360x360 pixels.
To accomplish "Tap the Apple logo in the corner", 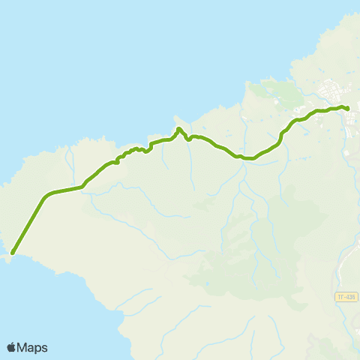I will click(12, 347).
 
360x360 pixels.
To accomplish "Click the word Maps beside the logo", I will click(33, 347).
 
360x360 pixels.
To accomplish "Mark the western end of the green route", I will click(13, 253).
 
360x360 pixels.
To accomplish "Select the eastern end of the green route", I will click(349, 109).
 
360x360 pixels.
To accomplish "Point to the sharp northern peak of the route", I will click(178, 130).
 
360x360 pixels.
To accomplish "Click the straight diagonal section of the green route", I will click(30, 223).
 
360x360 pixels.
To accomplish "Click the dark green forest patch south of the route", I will click(225, 262).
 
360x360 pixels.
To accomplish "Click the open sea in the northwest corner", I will click(45, 45).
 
